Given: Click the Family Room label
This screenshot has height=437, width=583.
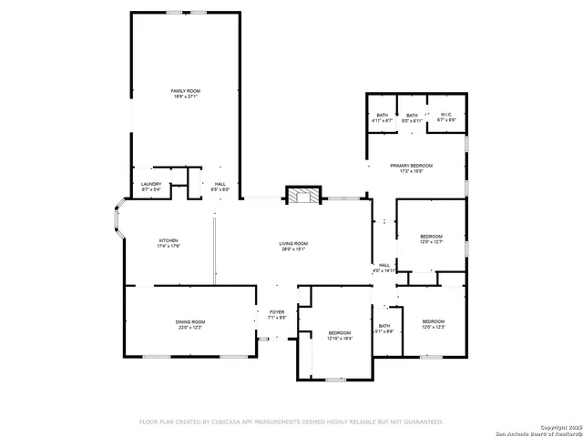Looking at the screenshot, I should click(186, 93).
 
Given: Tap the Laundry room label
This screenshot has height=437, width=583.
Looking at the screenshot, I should click(151, 187).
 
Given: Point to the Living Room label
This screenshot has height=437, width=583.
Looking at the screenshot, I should click(293, 246).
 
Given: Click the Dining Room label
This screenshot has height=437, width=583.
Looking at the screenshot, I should click(190, 324).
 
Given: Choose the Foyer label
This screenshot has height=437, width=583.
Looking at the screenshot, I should click(277, 315).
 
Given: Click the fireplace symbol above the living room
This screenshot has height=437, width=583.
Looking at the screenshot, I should click(303, 195).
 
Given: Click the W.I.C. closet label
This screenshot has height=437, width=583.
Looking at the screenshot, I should click(445, 117).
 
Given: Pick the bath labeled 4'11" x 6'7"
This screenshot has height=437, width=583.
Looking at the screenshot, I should click(382, 117).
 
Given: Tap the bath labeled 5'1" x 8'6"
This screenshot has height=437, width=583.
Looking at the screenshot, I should click(384, 329).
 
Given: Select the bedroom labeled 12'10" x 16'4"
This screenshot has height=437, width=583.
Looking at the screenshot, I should click(339, 335).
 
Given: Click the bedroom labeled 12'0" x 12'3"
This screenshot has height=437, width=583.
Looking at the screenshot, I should click(433, 324).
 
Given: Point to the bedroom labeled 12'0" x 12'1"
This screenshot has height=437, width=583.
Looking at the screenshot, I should click(431, 239).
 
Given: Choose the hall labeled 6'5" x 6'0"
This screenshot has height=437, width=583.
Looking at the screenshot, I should click(220, 187).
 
